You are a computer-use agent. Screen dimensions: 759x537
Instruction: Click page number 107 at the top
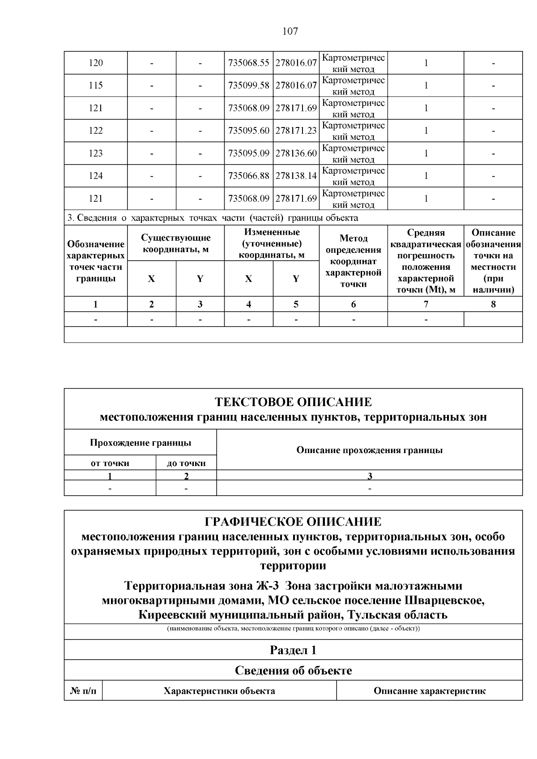coord(290,31)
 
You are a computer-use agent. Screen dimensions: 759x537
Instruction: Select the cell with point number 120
coord(96,63)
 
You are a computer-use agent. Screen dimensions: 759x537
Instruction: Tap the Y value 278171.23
coord(296,131)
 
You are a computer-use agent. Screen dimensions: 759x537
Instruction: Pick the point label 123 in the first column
coord(96,153)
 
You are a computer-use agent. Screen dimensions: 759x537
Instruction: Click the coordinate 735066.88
coord(248,176)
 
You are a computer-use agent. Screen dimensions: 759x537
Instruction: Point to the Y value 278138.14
coord(296,176)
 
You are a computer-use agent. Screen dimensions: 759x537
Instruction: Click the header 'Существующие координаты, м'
coord(175,244)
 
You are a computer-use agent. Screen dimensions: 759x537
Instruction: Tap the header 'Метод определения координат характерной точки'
coord(353,261)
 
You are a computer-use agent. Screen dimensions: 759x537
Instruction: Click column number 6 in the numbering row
coord(353,305)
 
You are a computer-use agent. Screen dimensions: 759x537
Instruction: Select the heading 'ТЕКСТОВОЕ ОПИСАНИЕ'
coord(293,402)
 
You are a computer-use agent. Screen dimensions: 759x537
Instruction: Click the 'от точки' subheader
coord(110,463)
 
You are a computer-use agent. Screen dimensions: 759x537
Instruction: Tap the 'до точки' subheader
coord(186,463)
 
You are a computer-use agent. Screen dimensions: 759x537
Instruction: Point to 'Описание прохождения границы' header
coord(369,450)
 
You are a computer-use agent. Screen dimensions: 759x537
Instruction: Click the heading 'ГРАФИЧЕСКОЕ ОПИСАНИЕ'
coord(293,522)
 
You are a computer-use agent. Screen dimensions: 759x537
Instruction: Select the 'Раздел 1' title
coord(293,650)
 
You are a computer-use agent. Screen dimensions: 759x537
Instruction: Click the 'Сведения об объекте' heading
coord(293,670)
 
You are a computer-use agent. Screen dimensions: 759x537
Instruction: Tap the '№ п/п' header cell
coord(83,691)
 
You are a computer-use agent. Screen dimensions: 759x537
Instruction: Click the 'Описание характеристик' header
coord(429,691)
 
